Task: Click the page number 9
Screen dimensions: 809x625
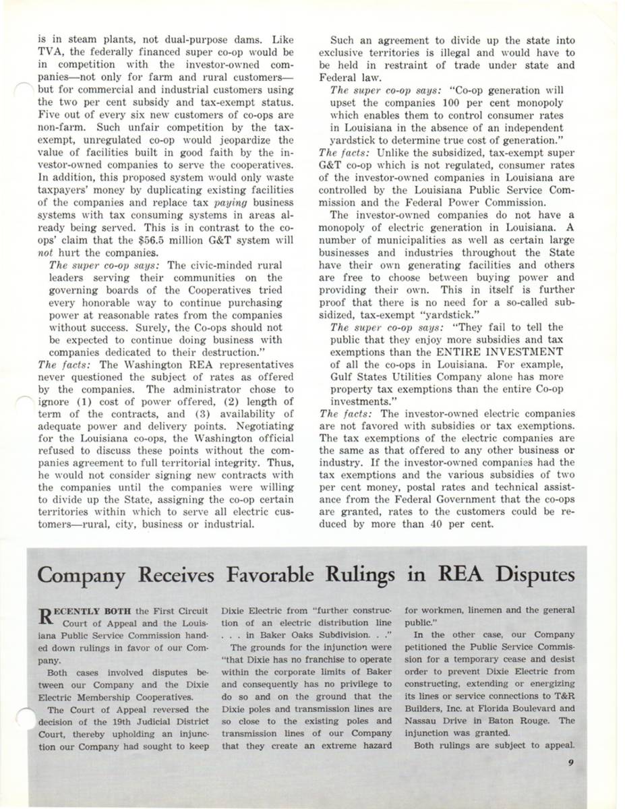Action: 570,763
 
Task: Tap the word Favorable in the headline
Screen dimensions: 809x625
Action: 268,576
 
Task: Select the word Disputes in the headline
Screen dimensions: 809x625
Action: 528,576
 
